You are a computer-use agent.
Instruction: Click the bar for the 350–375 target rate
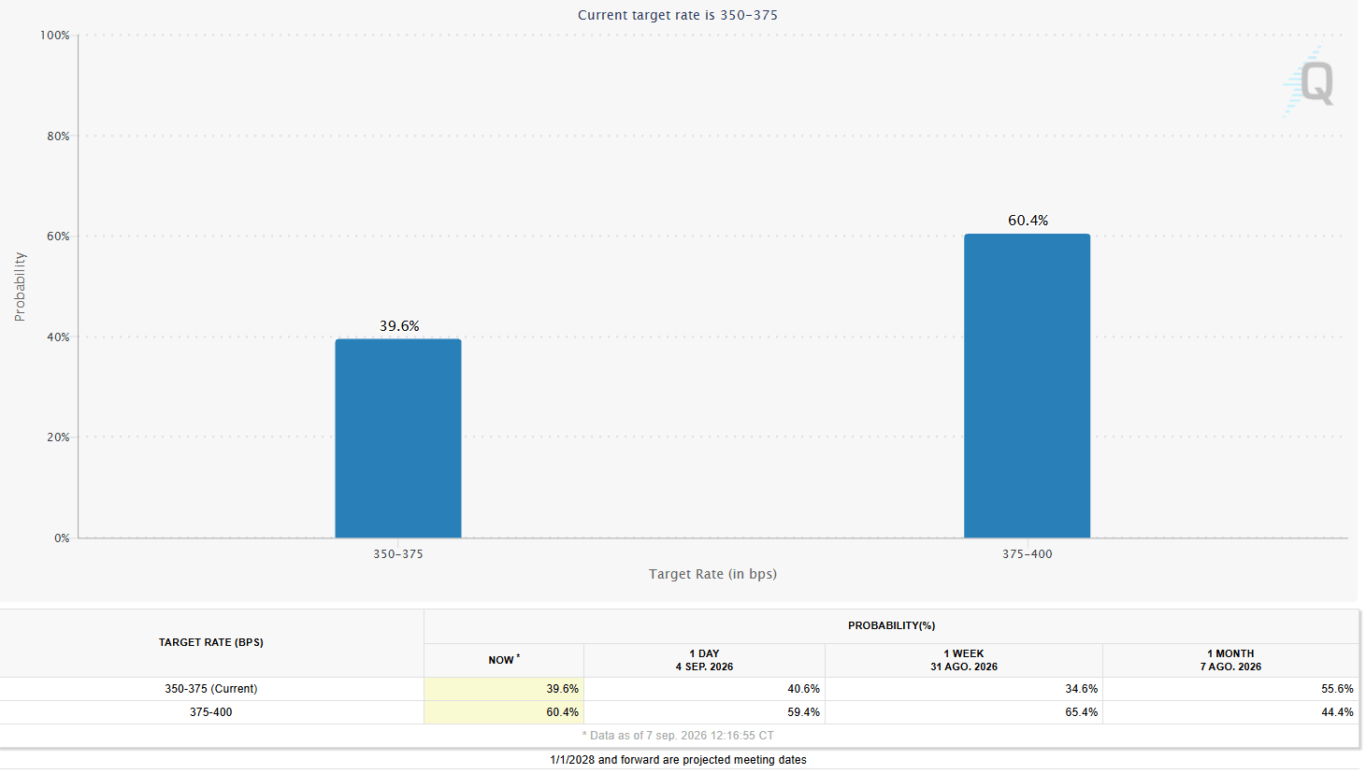click(398, 437)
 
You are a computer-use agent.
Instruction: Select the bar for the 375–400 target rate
click(1027, 385)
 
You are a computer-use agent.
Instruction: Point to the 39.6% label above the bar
click(399, 326)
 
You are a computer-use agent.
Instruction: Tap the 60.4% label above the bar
click(1028, 221)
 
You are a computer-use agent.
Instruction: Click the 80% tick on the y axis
click(59, 136)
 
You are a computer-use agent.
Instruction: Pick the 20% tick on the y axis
click(59, 437)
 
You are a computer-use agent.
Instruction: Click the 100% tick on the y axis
click(55, 36)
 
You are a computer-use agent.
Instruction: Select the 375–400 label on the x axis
click(1027, 553)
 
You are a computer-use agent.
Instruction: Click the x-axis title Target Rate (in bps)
click(712, 574)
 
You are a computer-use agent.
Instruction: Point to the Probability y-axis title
click(20, 287)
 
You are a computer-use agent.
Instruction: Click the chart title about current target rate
click(678, 15)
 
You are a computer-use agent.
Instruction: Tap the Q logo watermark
click(1311, 81)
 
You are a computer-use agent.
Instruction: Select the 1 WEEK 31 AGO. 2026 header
click(964, 660)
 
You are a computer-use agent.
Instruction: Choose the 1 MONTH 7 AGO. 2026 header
click(1230, 660)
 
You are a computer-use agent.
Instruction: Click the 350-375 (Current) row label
click(211, 689)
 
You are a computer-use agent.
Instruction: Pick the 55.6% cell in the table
click(1337, 689)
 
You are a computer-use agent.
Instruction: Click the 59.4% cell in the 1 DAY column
click(803, 711)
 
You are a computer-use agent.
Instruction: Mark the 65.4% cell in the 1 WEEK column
click(1081, 711)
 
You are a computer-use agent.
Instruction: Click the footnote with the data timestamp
click(678, 736)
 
